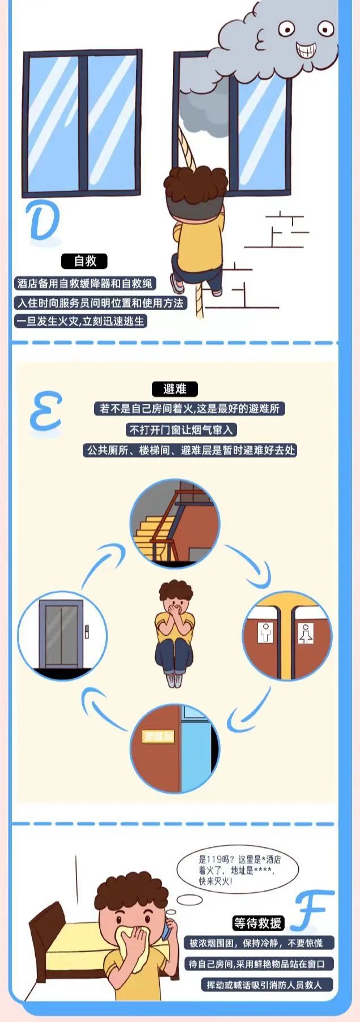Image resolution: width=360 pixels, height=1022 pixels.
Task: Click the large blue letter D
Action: pos(43,221)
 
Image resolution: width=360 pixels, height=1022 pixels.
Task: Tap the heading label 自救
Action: pos(85,261)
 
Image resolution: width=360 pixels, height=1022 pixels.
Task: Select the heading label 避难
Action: pos(175,389)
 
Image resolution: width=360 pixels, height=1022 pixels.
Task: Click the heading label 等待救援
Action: pos(257,923)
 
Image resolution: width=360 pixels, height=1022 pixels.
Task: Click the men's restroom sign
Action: pos(265,632)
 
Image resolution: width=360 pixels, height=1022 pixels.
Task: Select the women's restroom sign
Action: pos(306,633)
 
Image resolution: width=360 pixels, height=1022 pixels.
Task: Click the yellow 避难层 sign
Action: pos(158,736)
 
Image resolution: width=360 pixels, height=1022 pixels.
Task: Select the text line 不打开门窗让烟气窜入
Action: pos(181,430)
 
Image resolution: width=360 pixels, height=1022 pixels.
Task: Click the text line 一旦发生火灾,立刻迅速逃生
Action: pos(81,321)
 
